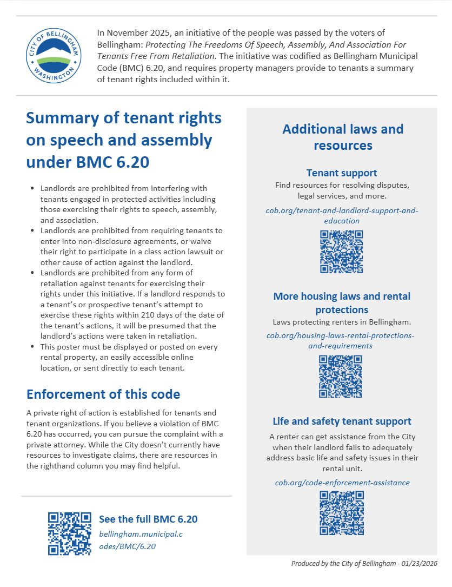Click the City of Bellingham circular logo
click(54, 56)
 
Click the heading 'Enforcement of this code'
click(103, 394)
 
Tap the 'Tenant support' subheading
click(341, 173)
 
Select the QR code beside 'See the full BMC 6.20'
click(70, 533)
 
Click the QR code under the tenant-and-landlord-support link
click(341, 251)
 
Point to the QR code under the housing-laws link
click(340, 376)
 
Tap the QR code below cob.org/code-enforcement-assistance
click(342, 512)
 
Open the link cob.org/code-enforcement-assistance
click(342, 482)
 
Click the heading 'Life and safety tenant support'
click(342, 421)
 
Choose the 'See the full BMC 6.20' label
click(148, 519)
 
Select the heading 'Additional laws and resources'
click(343, 137)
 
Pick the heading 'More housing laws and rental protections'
click(342, 303)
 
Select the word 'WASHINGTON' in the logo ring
click(54, 76)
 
